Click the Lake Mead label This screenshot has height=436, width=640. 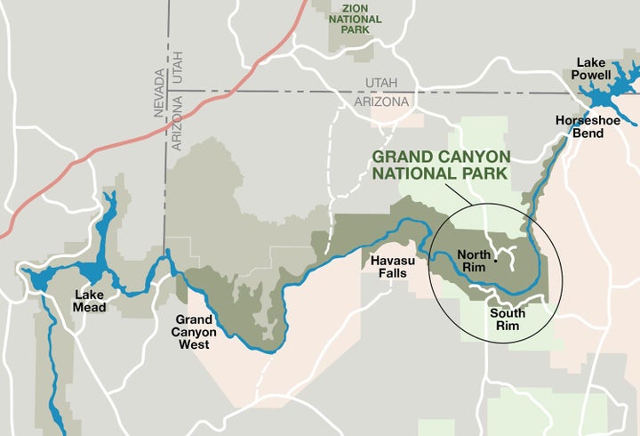[90, 302]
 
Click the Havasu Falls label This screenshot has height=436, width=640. [388, 266]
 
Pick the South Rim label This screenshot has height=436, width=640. [507, 319]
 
